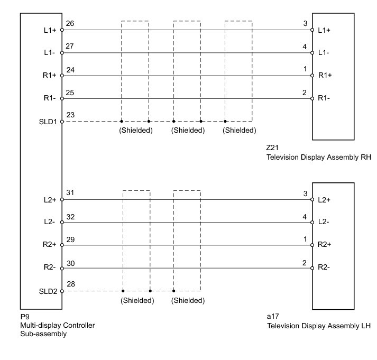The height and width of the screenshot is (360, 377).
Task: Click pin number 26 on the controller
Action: (70, 24)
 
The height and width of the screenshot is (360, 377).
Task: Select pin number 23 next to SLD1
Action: (70, 115)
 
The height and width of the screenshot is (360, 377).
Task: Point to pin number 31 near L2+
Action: (70, 193)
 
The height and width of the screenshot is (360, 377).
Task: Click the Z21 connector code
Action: (273, 149)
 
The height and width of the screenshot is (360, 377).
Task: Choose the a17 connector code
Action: (273, 316)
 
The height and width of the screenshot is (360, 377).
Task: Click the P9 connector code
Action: (24, 316)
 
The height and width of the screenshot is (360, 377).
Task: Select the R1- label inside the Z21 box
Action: (324, 99)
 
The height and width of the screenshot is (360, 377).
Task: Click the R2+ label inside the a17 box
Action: (325, 245)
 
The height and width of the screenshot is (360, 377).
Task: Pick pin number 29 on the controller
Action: (70, 239)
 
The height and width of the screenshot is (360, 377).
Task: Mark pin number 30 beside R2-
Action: (70, 262)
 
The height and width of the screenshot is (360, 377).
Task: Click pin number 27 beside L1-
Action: (70, 47)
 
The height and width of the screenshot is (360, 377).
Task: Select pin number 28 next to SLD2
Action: (70, 285)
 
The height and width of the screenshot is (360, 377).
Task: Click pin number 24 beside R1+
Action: (70, 69)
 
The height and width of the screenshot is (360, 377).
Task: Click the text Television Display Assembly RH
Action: (318, 158)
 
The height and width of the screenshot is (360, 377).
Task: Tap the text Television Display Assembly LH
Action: (318, 325)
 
